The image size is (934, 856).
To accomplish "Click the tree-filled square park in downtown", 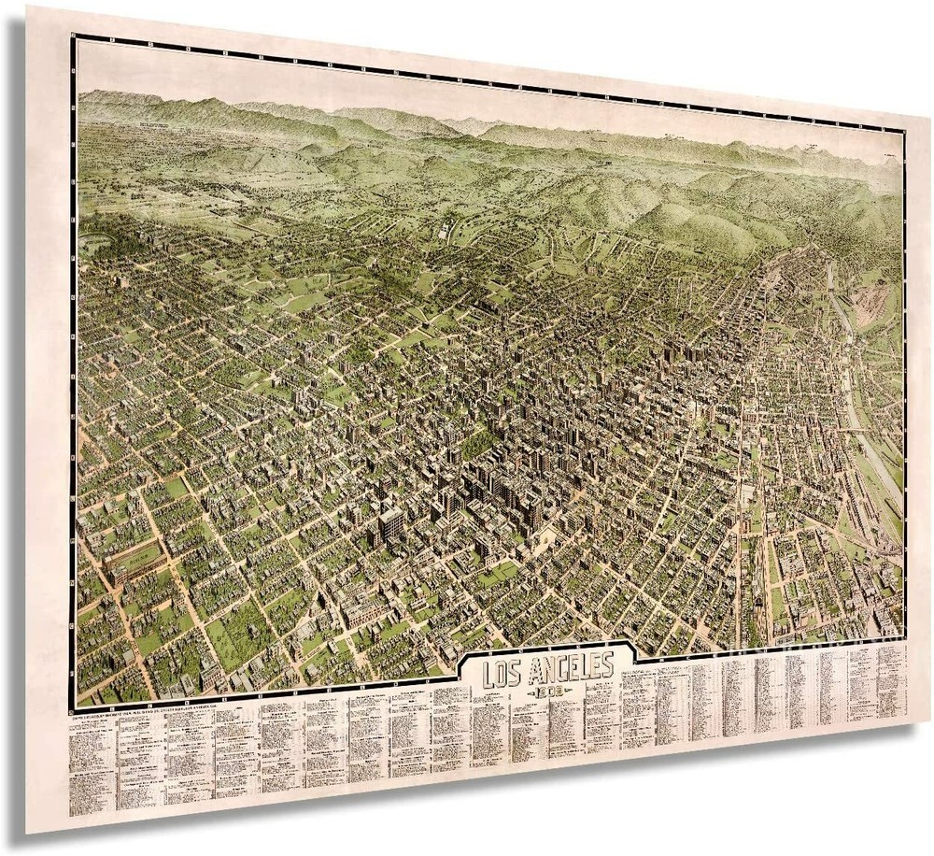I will click(x=478, y=444).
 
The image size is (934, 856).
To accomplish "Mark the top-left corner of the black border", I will click(x=74, y=36).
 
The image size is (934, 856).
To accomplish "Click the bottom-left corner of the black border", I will click(x=74, y=706).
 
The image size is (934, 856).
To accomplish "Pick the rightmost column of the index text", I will click(x=892, y=678).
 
